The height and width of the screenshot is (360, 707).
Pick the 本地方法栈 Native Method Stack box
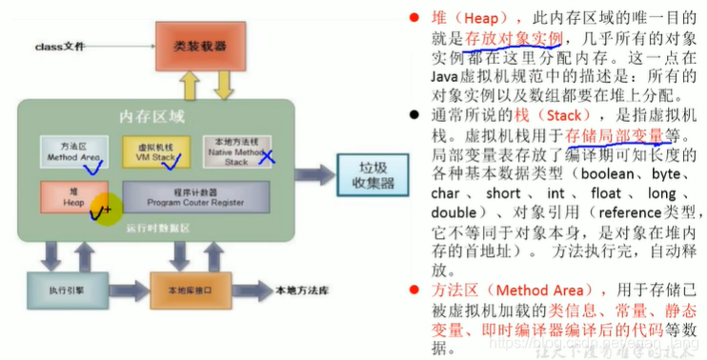coord(234,150)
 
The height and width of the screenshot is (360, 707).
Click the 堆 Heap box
coord(72,194)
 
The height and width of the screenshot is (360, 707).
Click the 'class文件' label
coord(61,47)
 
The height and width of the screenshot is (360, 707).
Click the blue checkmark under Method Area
coord(93,169)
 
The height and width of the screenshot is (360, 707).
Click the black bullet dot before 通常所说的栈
coord(414,113)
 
